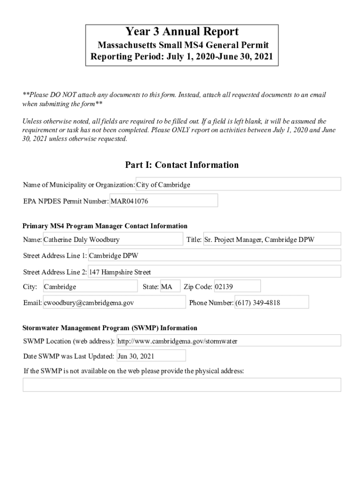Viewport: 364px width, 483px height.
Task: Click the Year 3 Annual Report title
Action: coord(182,32)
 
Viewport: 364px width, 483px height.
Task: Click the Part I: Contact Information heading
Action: coord(182,165)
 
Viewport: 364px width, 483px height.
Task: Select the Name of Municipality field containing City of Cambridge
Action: coord(238,184)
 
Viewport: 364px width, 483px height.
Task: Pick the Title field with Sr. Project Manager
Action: coord(271,240)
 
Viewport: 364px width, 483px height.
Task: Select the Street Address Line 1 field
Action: coord(214,256)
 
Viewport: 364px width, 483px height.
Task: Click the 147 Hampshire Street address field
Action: coord(214,272)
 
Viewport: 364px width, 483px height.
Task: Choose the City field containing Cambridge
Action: coord(90,287)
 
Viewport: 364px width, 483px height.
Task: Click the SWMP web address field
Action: coord(228,341)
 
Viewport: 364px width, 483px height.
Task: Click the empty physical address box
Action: coord(182,385)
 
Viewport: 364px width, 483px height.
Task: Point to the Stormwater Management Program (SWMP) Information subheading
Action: coord(110,328)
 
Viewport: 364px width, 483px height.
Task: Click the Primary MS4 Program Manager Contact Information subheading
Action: coord(105,226)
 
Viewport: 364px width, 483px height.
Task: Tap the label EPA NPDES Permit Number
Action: coord(66,201)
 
